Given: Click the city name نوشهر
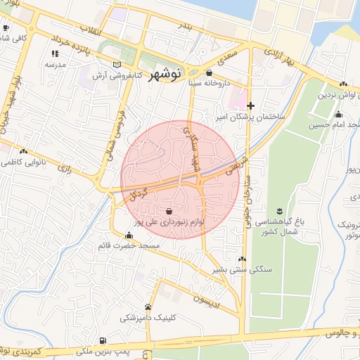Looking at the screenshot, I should coord(166,72).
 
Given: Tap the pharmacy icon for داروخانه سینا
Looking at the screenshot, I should coord(209,72).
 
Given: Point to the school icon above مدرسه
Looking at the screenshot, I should coord(54,53).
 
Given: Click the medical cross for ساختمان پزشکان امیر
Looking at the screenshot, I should coord(250,105).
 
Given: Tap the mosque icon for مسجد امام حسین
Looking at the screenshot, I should coord(339,115).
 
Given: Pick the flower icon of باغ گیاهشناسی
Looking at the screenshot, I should coord(280,212).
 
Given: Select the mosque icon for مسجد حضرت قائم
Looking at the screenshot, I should coord(128,236).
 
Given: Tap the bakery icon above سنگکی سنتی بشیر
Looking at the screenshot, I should coord(242,259).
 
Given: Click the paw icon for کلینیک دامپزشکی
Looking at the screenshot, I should coord(148,307).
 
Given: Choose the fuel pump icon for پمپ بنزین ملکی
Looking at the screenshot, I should coord(103,340).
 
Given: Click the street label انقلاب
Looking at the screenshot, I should coord(92,31).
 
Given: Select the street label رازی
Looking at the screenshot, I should coord(67,169).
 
